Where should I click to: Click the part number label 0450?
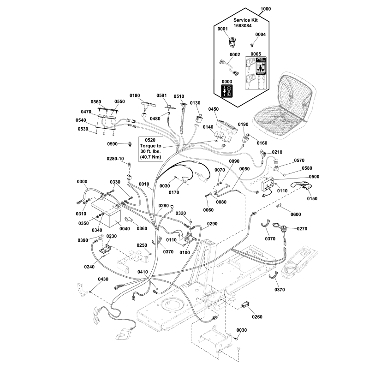(214, 109)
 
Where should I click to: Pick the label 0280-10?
(115, 159)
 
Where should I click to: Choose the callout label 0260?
(257, 317)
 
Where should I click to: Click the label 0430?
(103, 279)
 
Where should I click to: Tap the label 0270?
(302, 228)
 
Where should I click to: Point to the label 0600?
(296, 214)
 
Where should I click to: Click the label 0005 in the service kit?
(256, 54)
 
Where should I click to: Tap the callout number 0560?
(96, 101)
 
